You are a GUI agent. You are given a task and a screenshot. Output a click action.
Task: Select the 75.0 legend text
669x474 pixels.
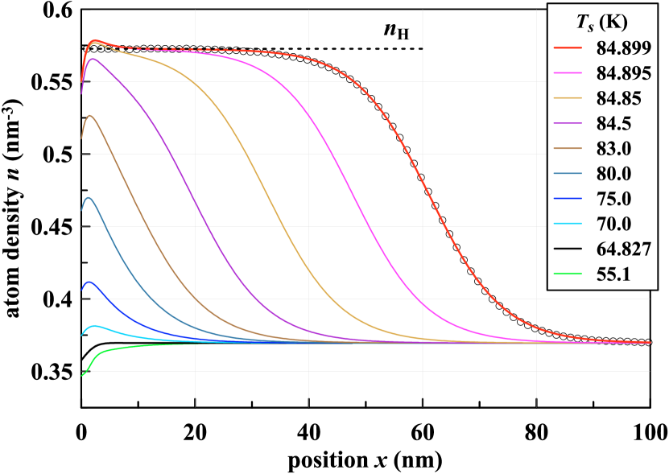613,200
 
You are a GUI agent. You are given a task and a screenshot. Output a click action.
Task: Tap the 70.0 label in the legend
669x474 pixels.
613,225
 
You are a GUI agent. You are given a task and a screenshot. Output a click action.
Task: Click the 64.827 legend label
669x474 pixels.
623,250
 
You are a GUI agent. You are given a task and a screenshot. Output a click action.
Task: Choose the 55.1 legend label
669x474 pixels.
613,276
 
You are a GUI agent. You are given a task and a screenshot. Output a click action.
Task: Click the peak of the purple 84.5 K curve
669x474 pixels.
93,59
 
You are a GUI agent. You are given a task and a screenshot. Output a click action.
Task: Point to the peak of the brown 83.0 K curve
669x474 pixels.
90,116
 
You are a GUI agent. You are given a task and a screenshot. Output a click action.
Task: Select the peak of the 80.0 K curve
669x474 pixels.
89,197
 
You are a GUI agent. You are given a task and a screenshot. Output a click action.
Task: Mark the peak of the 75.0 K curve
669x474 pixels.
89,282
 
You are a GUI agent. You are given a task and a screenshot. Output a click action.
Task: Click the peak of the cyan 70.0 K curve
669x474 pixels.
96,326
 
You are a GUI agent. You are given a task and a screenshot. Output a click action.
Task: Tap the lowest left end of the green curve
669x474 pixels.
81,375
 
